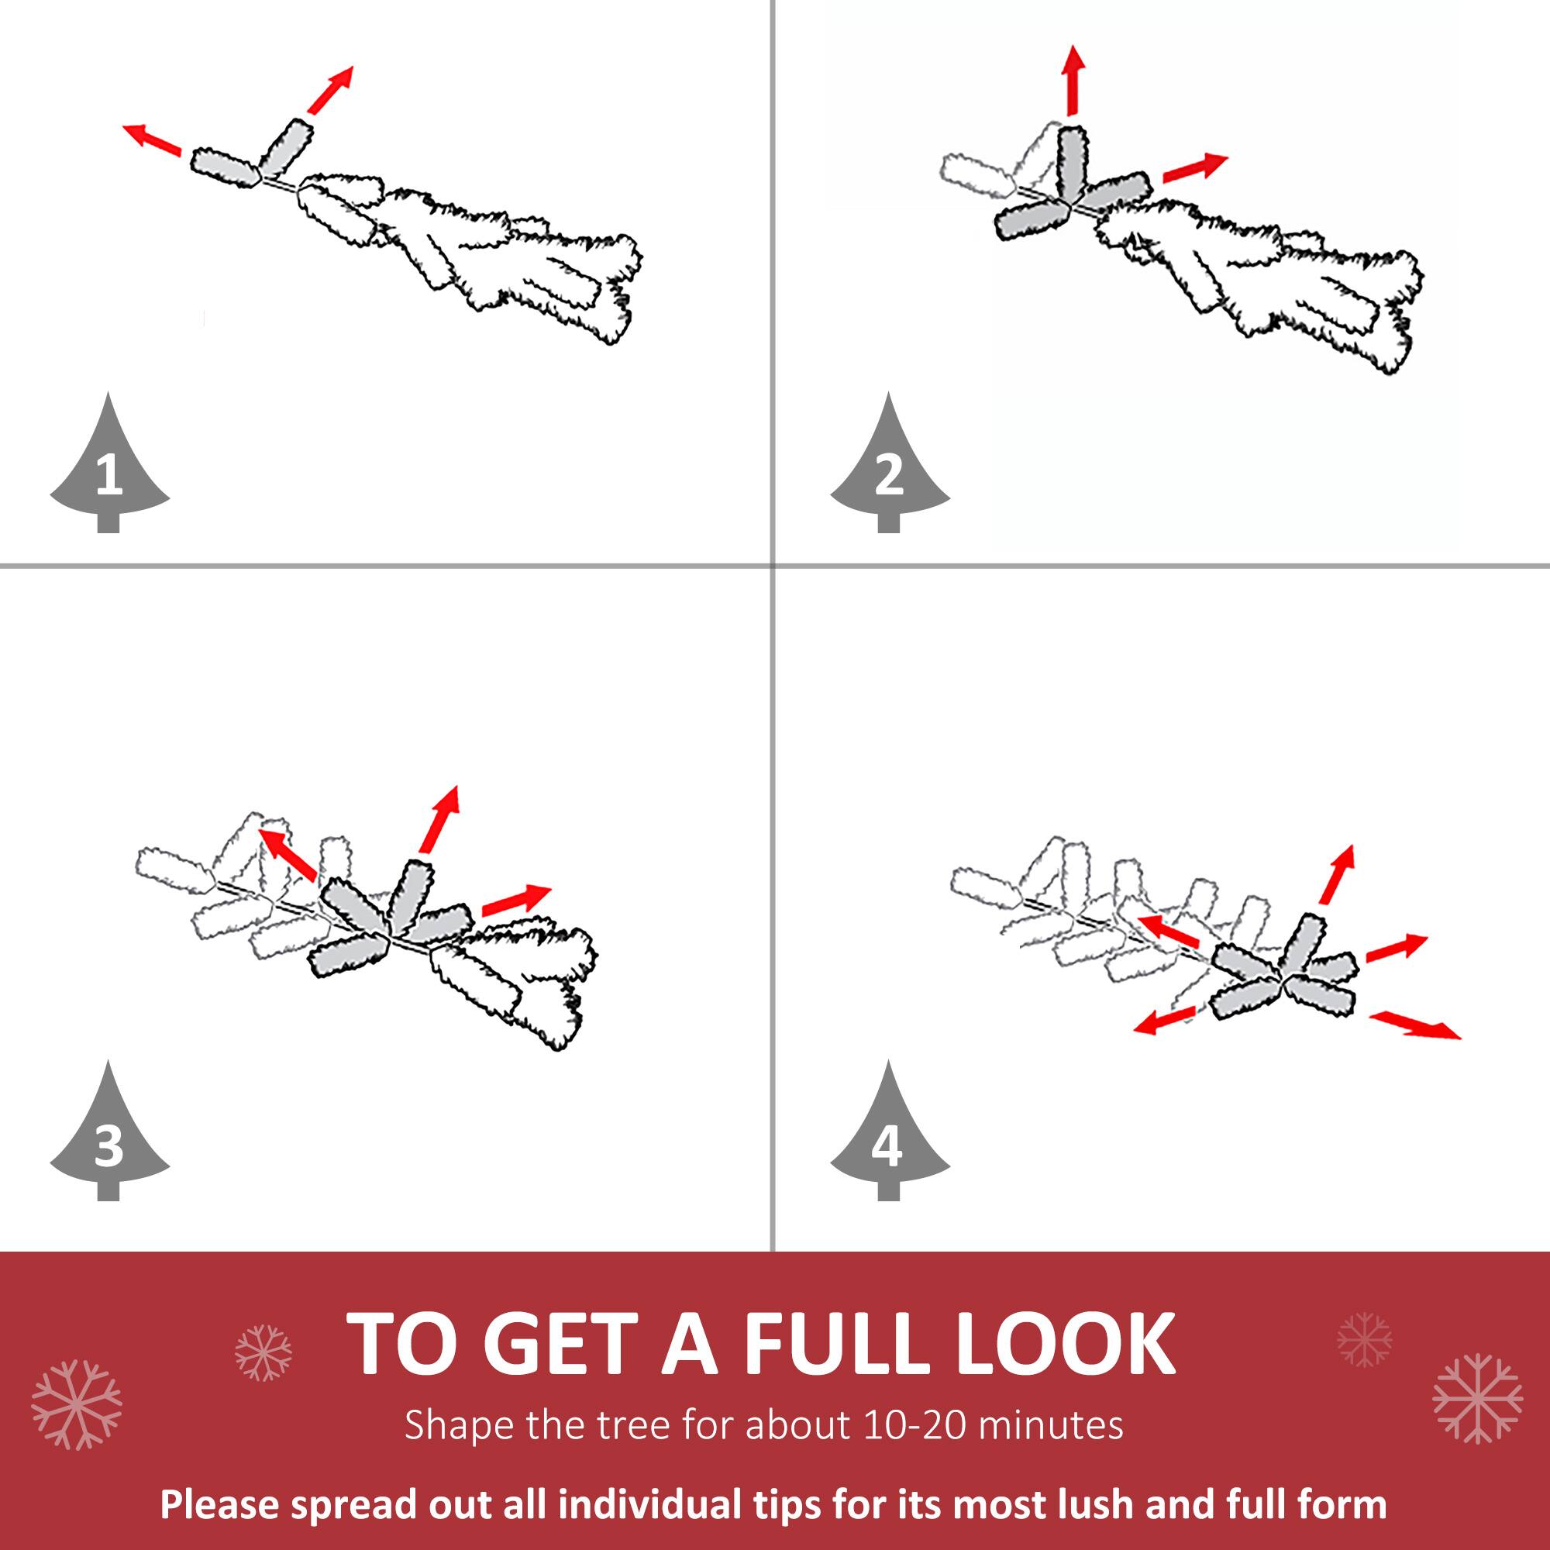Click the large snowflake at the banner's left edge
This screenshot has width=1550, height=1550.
click(76, 1405)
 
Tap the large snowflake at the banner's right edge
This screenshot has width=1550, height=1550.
click(1477, 1399)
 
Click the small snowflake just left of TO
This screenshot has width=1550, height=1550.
click(263, 1353)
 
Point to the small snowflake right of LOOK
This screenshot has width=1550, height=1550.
click(1365, 1340)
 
